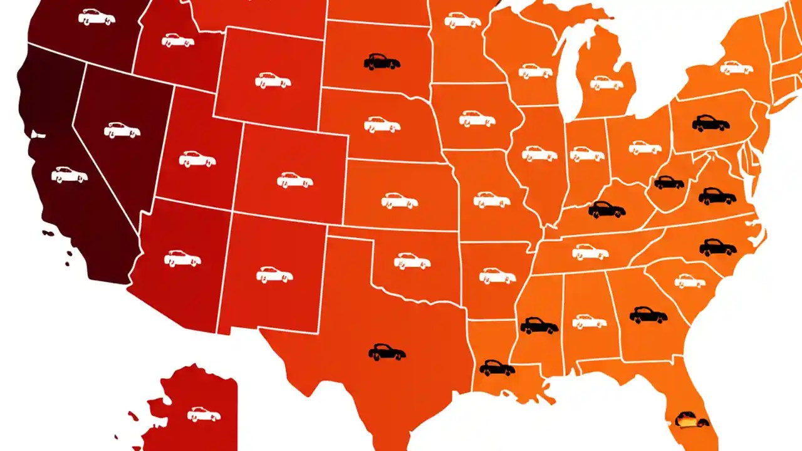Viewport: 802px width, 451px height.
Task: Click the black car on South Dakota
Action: point(382,61)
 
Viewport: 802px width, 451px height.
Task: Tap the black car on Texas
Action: point(387,353)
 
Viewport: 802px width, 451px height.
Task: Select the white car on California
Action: point(69,174)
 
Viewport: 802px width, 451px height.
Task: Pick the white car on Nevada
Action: point(122,130)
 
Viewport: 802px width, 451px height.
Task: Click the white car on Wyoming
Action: point(273,80)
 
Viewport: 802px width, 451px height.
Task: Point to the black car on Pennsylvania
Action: point(711,123)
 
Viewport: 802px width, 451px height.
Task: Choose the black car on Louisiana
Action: point(497,368)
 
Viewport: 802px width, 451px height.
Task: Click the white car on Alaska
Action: point(204,414)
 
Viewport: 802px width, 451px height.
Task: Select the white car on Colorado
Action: point(295,180)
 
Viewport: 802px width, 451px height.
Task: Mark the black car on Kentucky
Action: point(607,209)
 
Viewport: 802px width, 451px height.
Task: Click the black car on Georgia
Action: point(648,314)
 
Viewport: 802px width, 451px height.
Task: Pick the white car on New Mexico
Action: point(274,274)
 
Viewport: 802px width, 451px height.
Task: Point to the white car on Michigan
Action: point(606,83)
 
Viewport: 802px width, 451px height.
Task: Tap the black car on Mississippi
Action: point(539,326)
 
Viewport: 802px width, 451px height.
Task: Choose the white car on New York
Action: point(736,67)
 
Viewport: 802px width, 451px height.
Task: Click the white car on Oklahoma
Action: point(412,261)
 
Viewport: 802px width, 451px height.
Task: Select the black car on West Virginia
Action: point(669,182)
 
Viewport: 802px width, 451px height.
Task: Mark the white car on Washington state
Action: point(96,17)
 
